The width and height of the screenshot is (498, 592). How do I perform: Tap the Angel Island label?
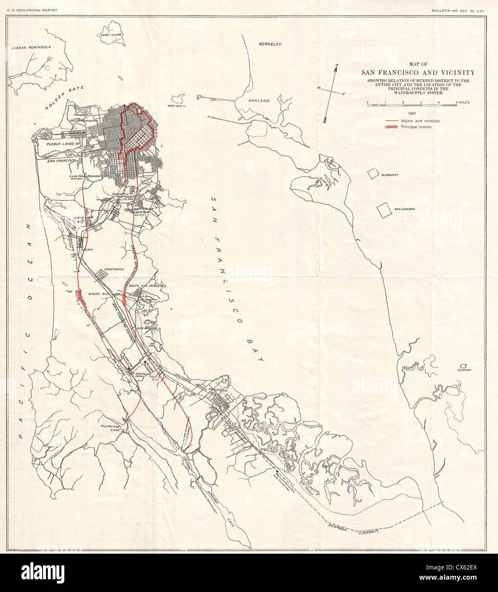point(111,34)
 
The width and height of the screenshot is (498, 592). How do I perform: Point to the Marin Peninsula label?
point(32,47)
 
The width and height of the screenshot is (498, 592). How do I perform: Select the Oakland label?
point(259,101)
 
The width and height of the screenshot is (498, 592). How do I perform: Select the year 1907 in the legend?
point(412,113)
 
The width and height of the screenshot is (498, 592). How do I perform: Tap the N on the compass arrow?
point(337,65)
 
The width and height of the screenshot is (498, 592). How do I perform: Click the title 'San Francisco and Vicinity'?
point(412,72)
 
